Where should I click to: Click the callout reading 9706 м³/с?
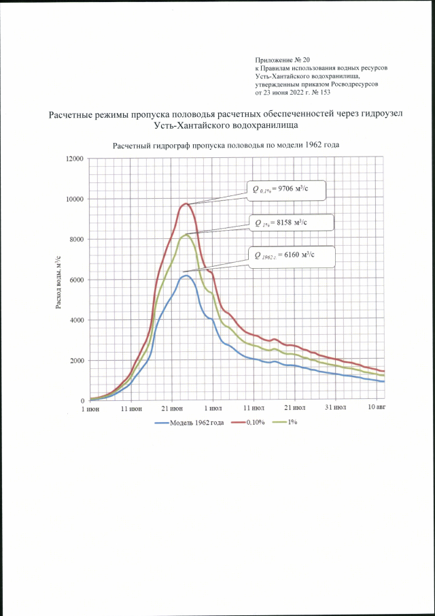[x=285, y=190]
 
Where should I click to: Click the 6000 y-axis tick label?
[x=75, y=280]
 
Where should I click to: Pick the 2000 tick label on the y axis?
[x=75, y=361]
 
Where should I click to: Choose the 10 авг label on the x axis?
[x=376, y=410]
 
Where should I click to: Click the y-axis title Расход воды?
[x=59, y=280]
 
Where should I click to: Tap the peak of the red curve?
[x=186, y=204]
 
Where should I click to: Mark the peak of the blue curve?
[x=186, y=276]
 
